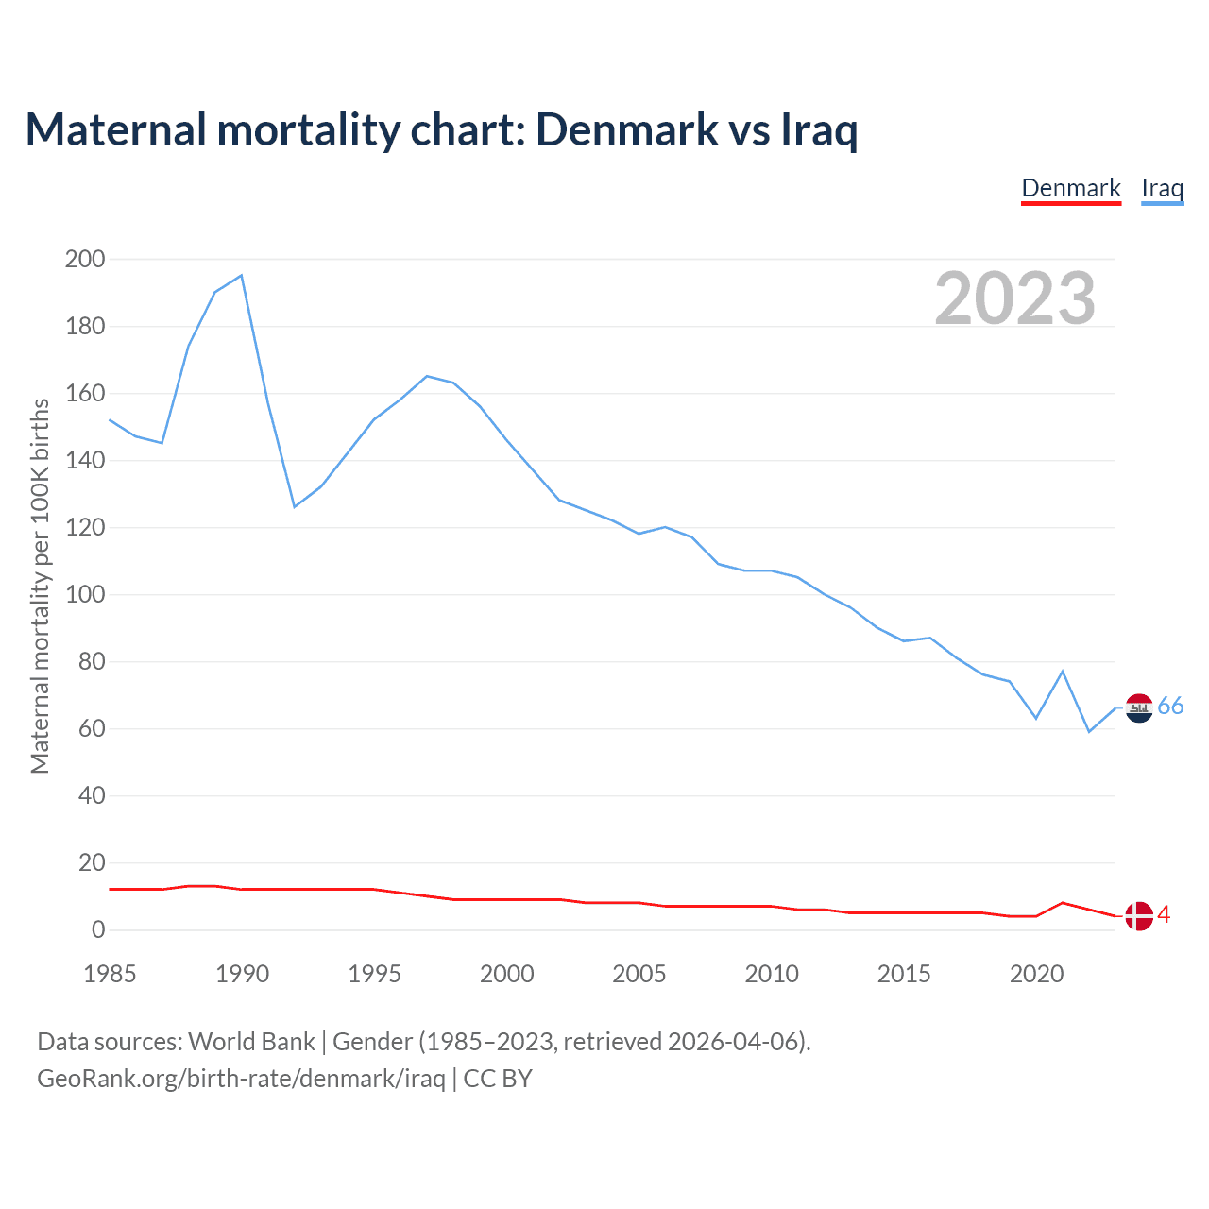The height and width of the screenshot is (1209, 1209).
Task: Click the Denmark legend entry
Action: click(x=1071, y=188)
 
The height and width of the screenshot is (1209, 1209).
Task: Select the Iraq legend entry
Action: click(x=1162, y=188)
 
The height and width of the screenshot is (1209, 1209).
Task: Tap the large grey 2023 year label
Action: click(x=1015, y=298)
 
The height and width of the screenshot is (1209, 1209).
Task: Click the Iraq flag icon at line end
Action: click(x=1139, y=707)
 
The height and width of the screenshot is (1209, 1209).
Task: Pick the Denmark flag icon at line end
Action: click(x=1139, y=915)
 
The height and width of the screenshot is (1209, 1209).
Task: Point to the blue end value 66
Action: click(x=1170, y=707)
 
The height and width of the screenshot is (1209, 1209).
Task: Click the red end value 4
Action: click(x=1164, y=914)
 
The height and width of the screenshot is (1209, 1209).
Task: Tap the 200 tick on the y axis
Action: click(x=85, y=259)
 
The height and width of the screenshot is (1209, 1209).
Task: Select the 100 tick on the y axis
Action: click(x=85, y=595)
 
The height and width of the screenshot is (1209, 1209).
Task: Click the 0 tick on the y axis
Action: click(x=98, y=930)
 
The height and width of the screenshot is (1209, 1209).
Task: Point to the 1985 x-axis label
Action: click(x=110, y=974)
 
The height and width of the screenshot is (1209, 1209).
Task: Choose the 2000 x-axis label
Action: click(x=507, y=974)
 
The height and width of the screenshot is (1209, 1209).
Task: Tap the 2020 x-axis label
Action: click(x=1036, y=974)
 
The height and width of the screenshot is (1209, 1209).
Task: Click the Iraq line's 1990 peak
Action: click(x=242, y=275)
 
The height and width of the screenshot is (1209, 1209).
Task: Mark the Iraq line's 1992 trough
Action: click(x=295, y=507)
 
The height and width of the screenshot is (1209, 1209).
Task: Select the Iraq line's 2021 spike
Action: click(x=1063, y=671)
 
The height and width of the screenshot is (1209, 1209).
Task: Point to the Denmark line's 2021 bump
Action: click(x=1063, y=903)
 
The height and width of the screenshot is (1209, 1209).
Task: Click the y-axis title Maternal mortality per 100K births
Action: click(x=40, y=586)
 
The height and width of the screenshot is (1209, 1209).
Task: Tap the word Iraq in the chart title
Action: click(x=820, y=130)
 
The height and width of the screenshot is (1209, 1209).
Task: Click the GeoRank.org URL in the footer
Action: click(x=241, y=1079)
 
